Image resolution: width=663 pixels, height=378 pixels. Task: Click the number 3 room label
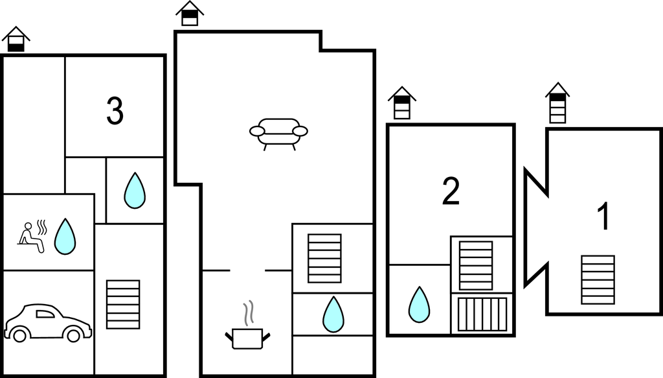[x=115, y=112]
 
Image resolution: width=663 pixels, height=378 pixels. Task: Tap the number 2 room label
[x=451, y=191]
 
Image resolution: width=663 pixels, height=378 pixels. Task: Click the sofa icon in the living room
[x=278, y=132]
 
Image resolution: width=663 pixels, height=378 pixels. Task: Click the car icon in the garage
[x=47, y=322]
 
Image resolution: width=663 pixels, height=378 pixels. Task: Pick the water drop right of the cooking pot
[x=333, y=314]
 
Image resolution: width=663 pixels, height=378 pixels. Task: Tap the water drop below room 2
[x=419, y=304]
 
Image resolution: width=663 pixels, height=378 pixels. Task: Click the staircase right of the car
[x=123, y=304]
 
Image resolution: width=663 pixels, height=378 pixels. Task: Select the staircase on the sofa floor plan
[x=324, y=258]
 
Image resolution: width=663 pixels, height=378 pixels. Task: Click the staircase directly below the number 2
[x=475, y=265]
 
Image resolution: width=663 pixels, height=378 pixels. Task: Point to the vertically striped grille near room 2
[x=482, y=314]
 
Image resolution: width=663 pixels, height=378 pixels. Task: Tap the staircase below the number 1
[x=598, y=279]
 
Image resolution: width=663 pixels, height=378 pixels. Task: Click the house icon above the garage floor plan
[x=16, y=40]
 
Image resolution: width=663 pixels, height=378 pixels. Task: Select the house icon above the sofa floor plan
[x=190, y=14]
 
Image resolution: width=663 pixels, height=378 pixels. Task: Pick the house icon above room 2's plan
[x=402, y=103]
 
